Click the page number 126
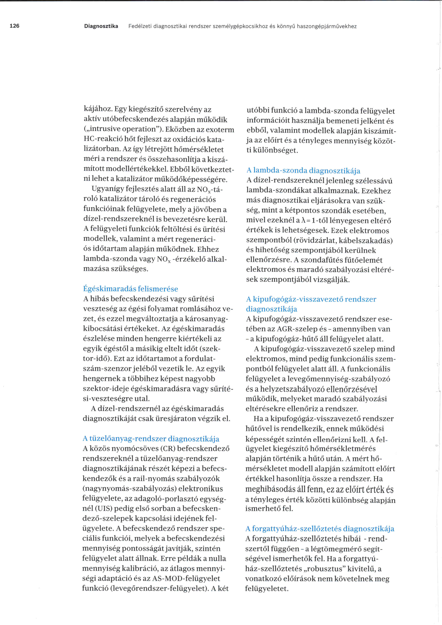[x=14, y=26]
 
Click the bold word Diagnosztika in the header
[x=101, y=26]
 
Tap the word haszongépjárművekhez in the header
[x=327, y=26]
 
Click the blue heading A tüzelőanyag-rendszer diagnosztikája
[x=151, y=439]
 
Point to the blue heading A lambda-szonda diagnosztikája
[x=303, y=171]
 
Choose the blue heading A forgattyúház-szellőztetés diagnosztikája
[x=320, y=529]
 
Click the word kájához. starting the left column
[x=98, y=109]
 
